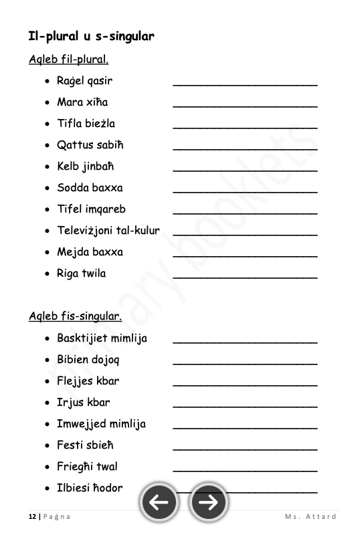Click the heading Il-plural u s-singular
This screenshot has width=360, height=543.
click(91, 36)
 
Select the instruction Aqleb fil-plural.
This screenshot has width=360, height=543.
click(68, 60)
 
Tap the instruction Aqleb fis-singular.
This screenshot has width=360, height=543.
click(75, 316)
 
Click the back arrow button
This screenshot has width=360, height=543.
click(159, 502)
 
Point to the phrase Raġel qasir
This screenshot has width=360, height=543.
click(84, 82)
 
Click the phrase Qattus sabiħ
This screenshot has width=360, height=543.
click(90, 145)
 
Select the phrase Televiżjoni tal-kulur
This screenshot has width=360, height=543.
click(108, 231)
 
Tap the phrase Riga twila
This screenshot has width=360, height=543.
click(81, 274)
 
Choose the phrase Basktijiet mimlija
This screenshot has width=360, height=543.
click(102, 338)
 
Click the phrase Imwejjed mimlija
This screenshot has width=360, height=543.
click(101, 424)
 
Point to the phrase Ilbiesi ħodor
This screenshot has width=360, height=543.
click(90, 488)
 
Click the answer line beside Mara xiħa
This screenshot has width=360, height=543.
click(245, 106)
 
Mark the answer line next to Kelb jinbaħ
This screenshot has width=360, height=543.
click(245, 170)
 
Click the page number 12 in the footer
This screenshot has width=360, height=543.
click(32, 516)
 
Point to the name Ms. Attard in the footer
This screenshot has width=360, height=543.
click(310, 516)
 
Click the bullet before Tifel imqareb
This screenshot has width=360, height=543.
click(46, 210)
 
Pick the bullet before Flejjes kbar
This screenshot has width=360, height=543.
click(46, 382)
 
